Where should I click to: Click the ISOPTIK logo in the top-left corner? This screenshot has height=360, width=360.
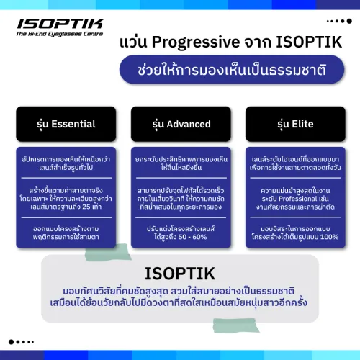59,24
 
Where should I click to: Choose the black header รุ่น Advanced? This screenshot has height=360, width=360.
179,124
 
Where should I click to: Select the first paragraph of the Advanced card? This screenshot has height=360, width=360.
179,158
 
